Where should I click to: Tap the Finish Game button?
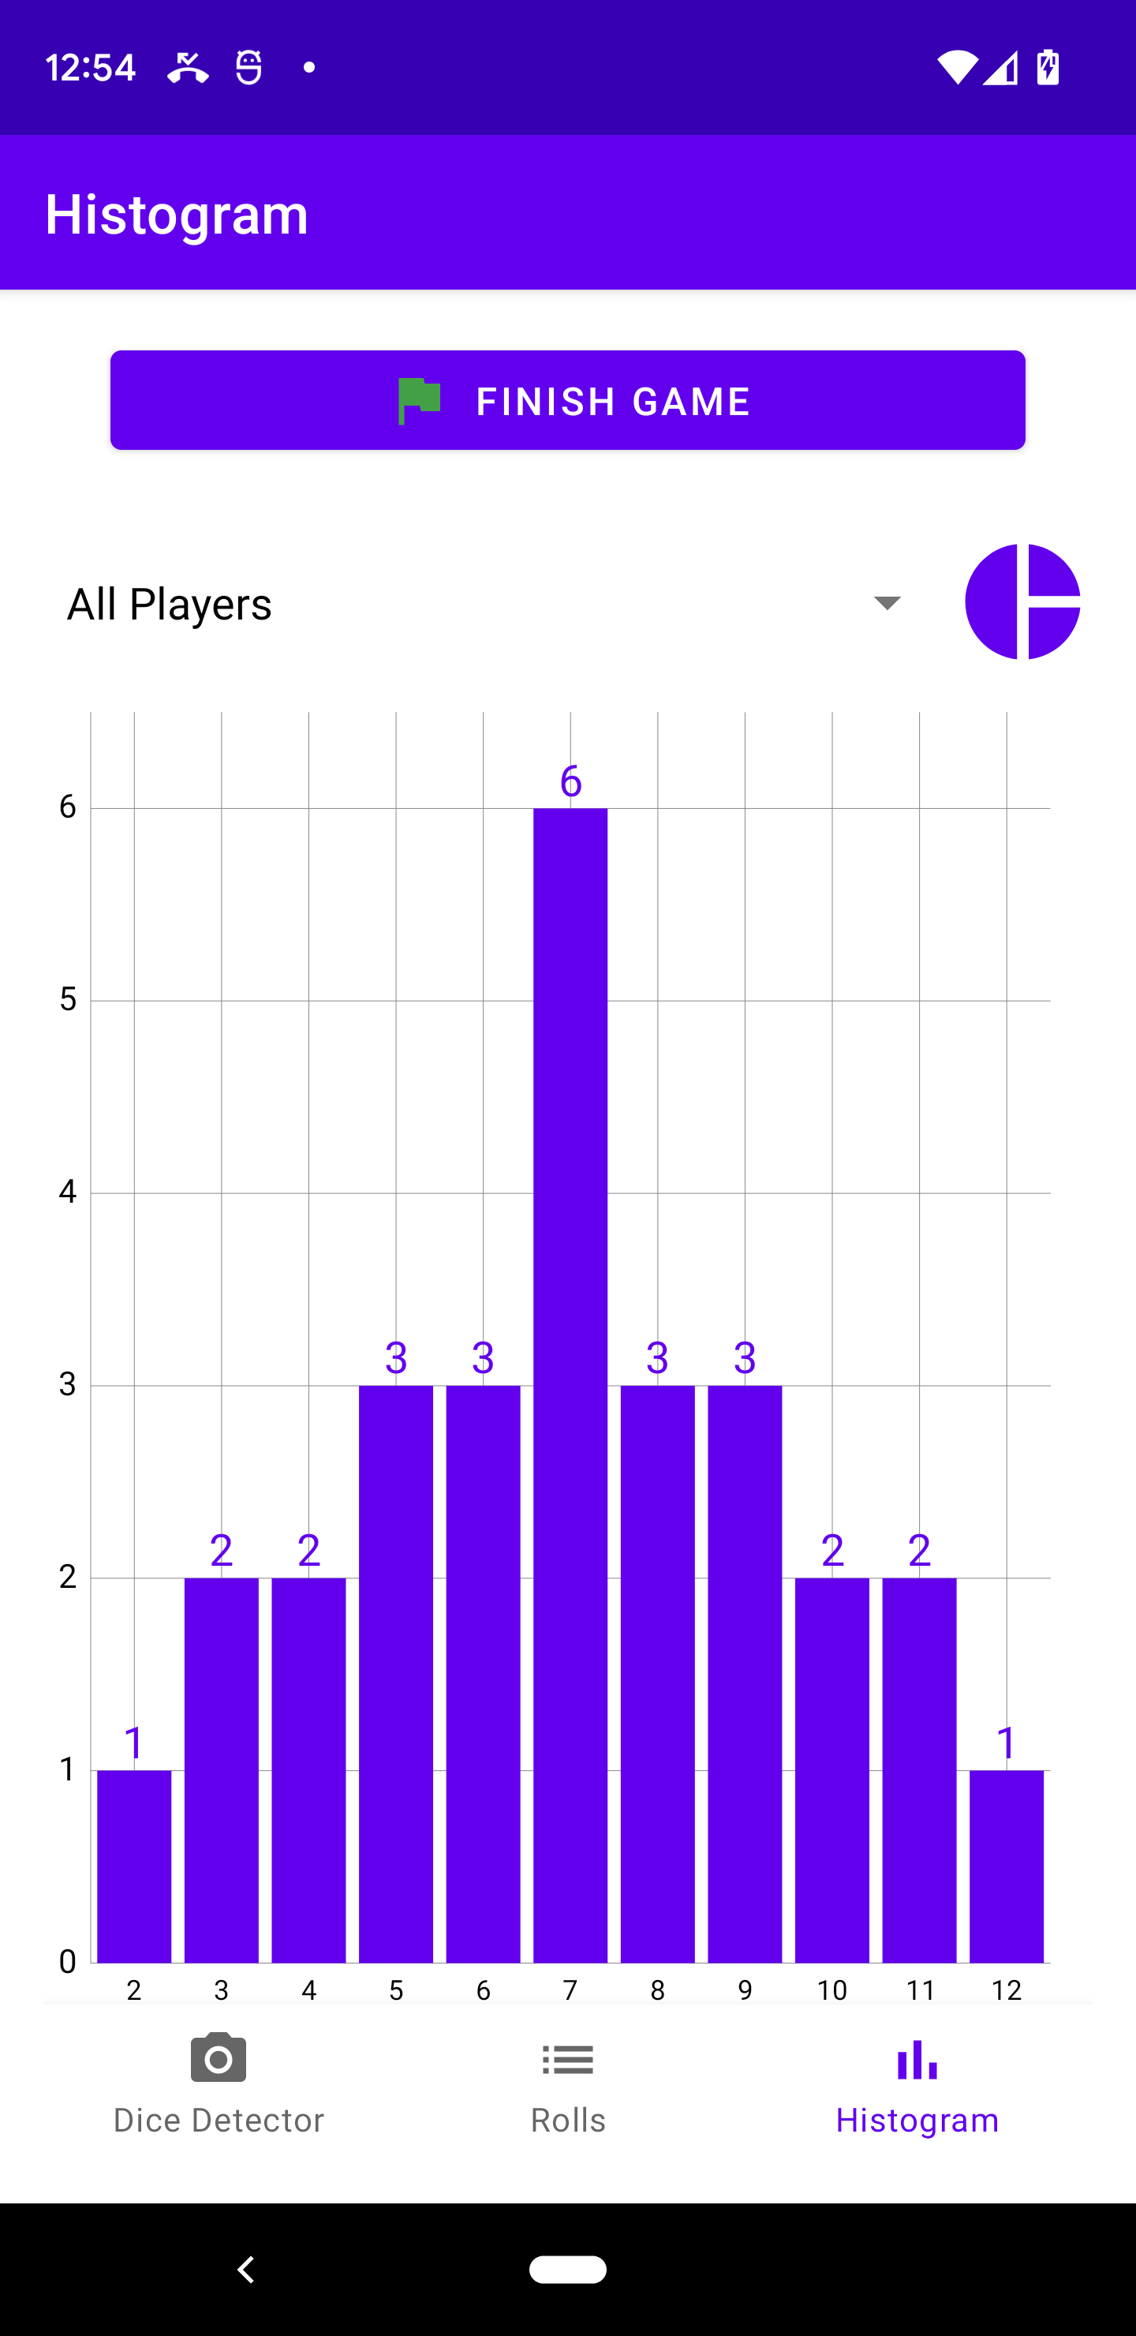pyautogui.click(x=567, y=400)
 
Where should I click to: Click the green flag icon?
pyautogui.click(x=419, y=401)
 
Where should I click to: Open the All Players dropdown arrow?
pyautogui.click(x=887, y=603)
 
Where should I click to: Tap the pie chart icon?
pyautogui.click(x=1022, y=601)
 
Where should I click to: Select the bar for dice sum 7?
pyautogui.click(x=570, y=1385)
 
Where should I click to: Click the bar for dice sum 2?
pyautogui.click(x=134, y=1866)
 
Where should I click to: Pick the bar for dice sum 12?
pyautogui.click(x=1007, y=1866)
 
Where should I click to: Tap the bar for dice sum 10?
pyautogui.click(x=832, y=1770)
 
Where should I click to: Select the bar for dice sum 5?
pyautogui.click(x=396, y=1674)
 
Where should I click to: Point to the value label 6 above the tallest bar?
pyautogui.click(x=570, y=781)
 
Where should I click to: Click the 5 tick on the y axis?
pyautogui.click(x=68, y=999)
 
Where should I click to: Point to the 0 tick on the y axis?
pyautogui.click(x=68, y=1961)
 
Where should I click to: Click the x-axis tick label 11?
pyautogui.click(x=920, y=1990)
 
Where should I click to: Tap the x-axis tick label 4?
pyautogui.click(x=309, y=1990)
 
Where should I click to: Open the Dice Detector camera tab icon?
pyautogui.click(x=219, y=2057)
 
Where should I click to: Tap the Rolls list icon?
pyautogui.click(x=567, y=2060)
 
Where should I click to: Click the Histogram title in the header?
pyautogui.click(x=177, y=214)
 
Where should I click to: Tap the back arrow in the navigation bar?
pyautogui.click(x=245, y=2269)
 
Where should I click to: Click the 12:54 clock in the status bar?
pyautogui.click(x=91, y=67)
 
